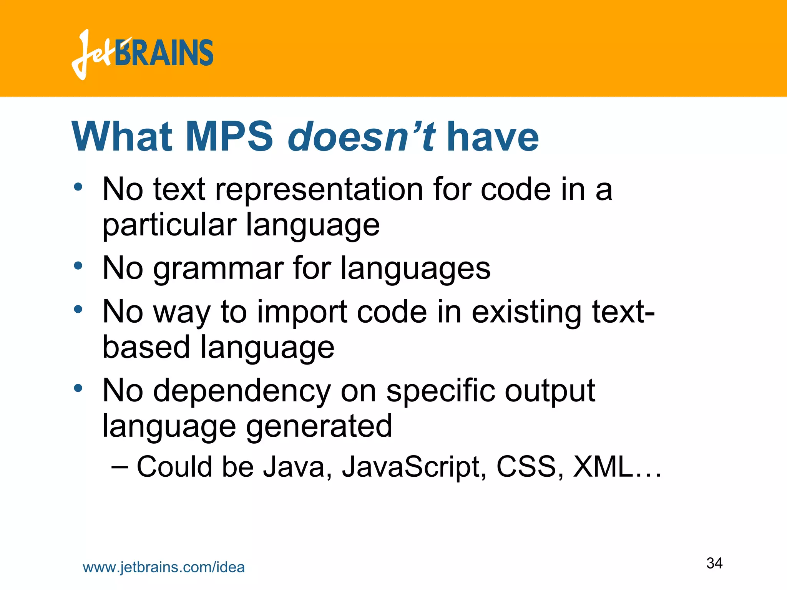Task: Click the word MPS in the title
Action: [x=229, y=137]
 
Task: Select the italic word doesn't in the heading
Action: [x=362, y=137]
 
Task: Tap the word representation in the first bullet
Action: [x=319, y=189]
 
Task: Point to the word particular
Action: [x=169, y=225]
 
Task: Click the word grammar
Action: [x=218, y=268]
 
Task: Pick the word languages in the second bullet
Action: [x=415, y=268]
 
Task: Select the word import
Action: [x=302, y=312]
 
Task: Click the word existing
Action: [x=526, y=312]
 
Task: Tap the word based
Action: [x=146, y=347]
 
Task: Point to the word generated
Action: [x=319, y=426]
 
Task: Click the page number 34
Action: [x=714, y=563]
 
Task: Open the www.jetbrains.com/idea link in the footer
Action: [x=164, y=567]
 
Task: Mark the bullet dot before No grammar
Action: [x=78, y=265]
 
